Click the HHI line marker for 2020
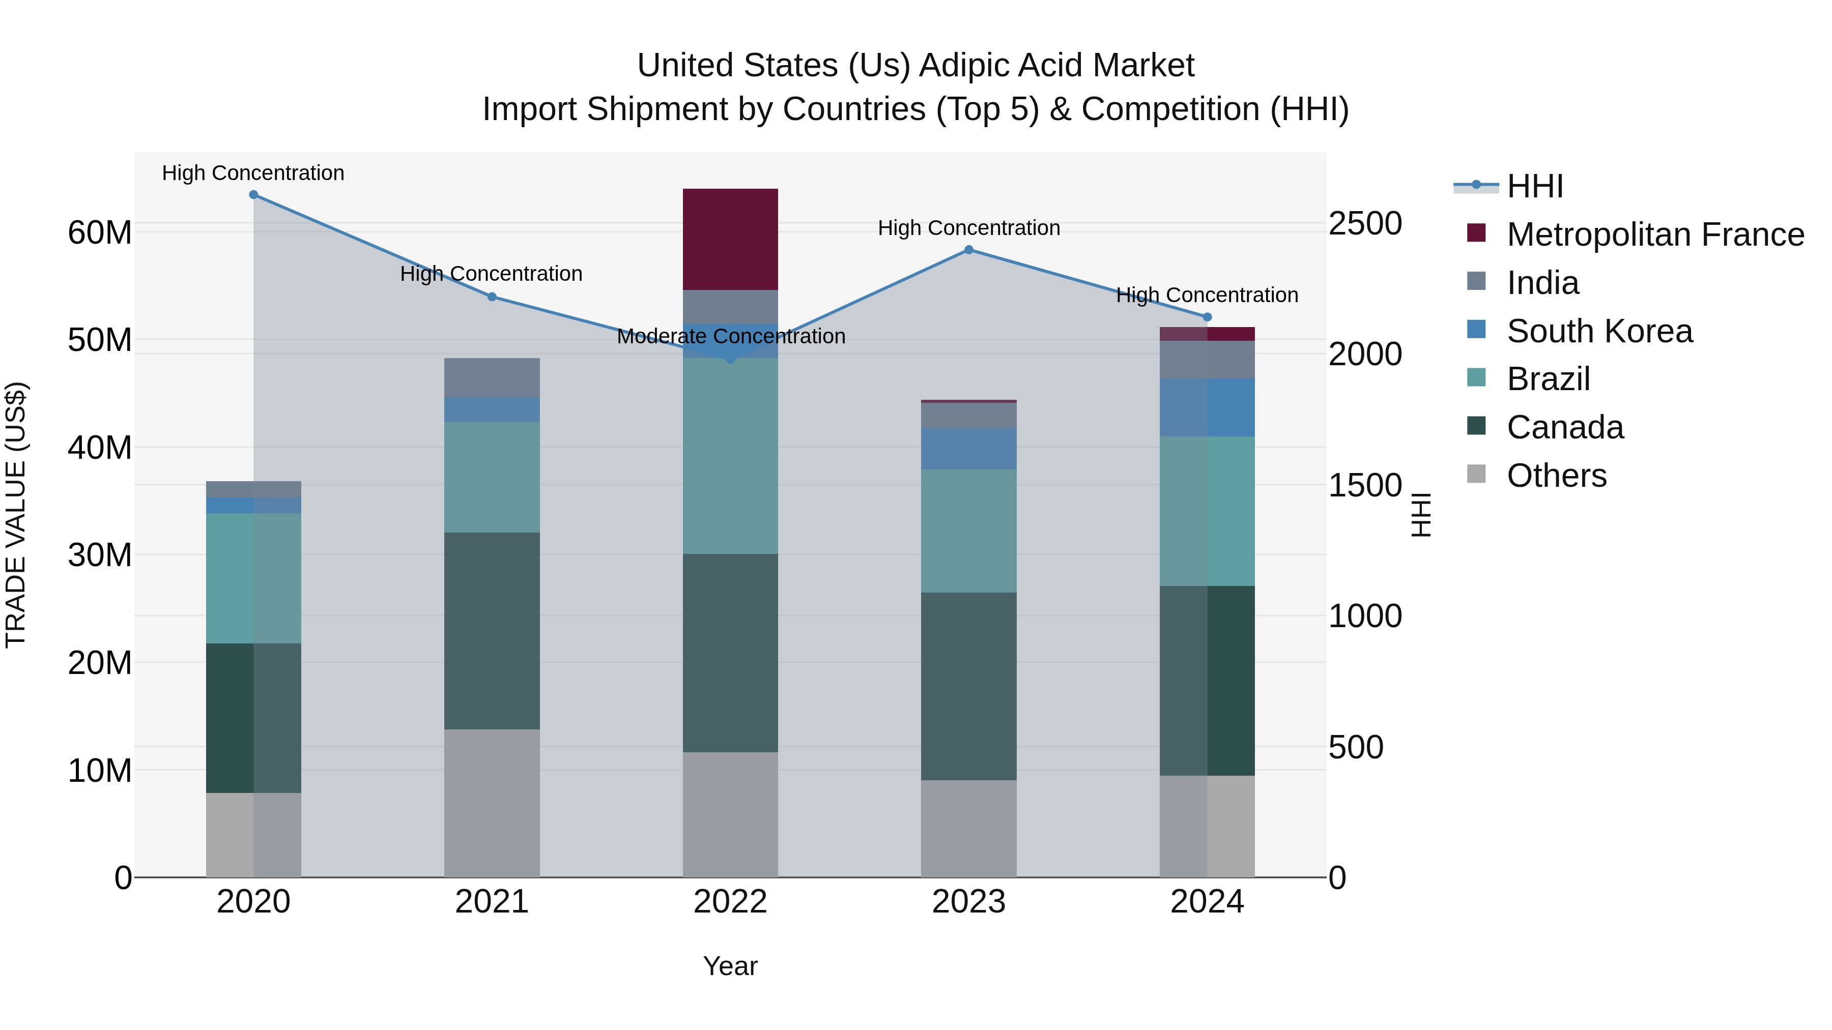[253, 195]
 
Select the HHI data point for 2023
[968, 250]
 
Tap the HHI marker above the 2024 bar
[1207, 317]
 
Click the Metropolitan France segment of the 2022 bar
[730, 239]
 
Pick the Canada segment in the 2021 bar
[492, 631]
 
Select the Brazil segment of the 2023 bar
[968, 531]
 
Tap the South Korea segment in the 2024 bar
[1207, 407]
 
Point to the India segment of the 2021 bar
[492, 377]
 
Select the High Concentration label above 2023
[968, 228]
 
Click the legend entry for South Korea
[1599, 331]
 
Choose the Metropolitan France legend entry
[1655, 234]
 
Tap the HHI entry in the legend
[1535, 186]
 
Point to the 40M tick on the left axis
[100, 448]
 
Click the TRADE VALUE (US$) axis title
[16, 515]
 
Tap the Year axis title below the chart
[730, 966]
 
